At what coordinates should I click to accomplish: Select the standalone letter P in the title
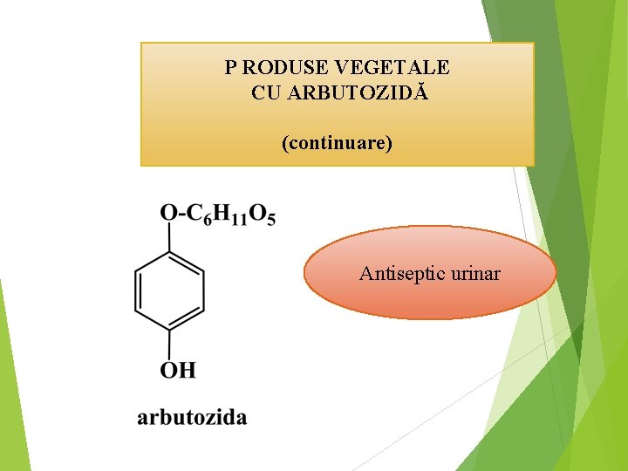pyautogui.click(x=229, y=67)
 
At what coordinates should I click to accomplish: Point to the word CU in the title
pyautogui.click(x=265, y=93)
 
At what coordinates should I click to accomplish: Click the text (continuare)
pyautogui.click(x=337, y=141)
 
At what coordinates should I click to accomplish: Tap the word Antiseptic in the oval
pyautogui.click(x=402, y=274)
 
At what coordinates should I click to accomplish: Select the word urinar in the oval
pyautogui.click(x=476, y=274)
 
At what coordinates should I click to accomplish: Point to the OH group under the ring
pyautogui.click(x=177, y=371)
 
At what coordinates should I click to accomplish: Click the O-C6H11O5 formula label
pyautogui.click(x=217, y=214)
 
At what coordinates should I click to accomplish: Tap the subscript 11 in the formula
pyautogui.click(x=241, y=219)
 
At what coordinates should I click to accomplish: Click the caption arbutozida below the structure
pyautogui.click(x=192, y=417)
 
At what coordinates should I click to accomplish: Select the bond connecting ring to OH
pyautogui.click(x=169, y=343)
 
